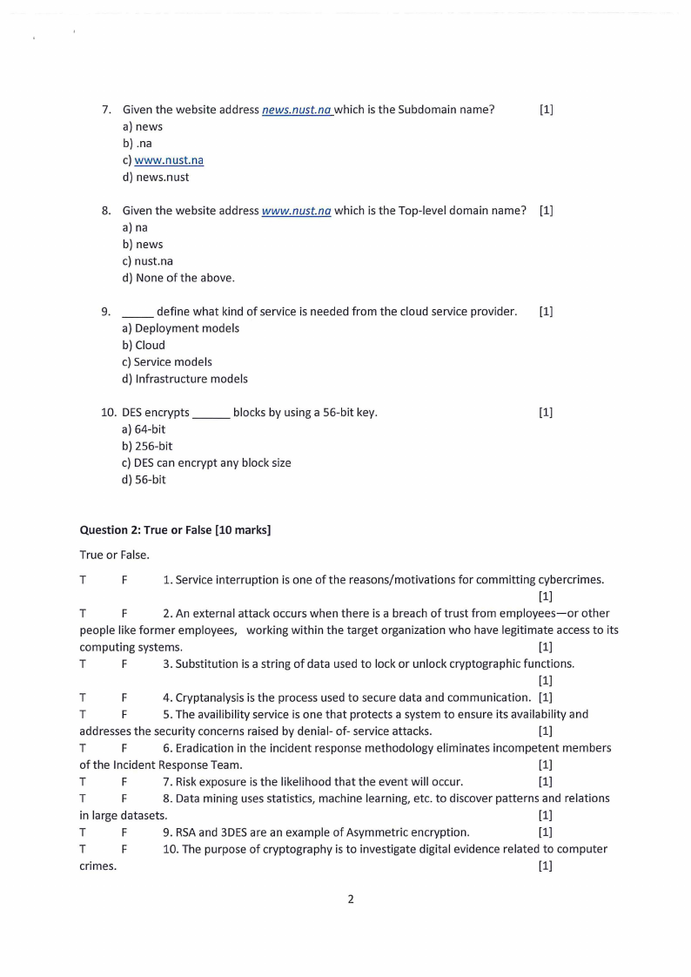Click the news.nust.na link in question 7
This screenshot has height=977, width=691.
[297, 110]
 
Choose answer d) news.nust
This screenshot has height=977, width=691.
[156, 177]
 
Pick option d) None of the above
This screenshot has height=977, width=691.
[178, 278]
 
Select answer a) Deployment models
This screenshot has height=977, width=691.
[180, 328]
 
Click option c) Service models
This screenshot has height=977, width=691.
[167, 361]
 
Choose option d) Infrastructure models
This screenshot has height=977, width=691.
[184, 379]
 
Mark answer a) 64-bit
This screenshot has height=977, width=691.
[144, 429]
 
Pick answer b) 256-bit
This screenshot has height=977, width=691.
[147, 446]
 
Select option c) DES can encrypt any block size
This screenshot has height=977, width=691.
[206, 462]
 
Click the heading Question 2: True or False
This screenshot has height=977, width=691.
[175, 529]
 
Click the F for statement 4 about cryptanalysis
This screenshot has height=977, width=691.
[124, 697]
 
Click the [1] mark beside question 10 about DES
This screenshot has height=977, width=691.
[546, 413]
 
